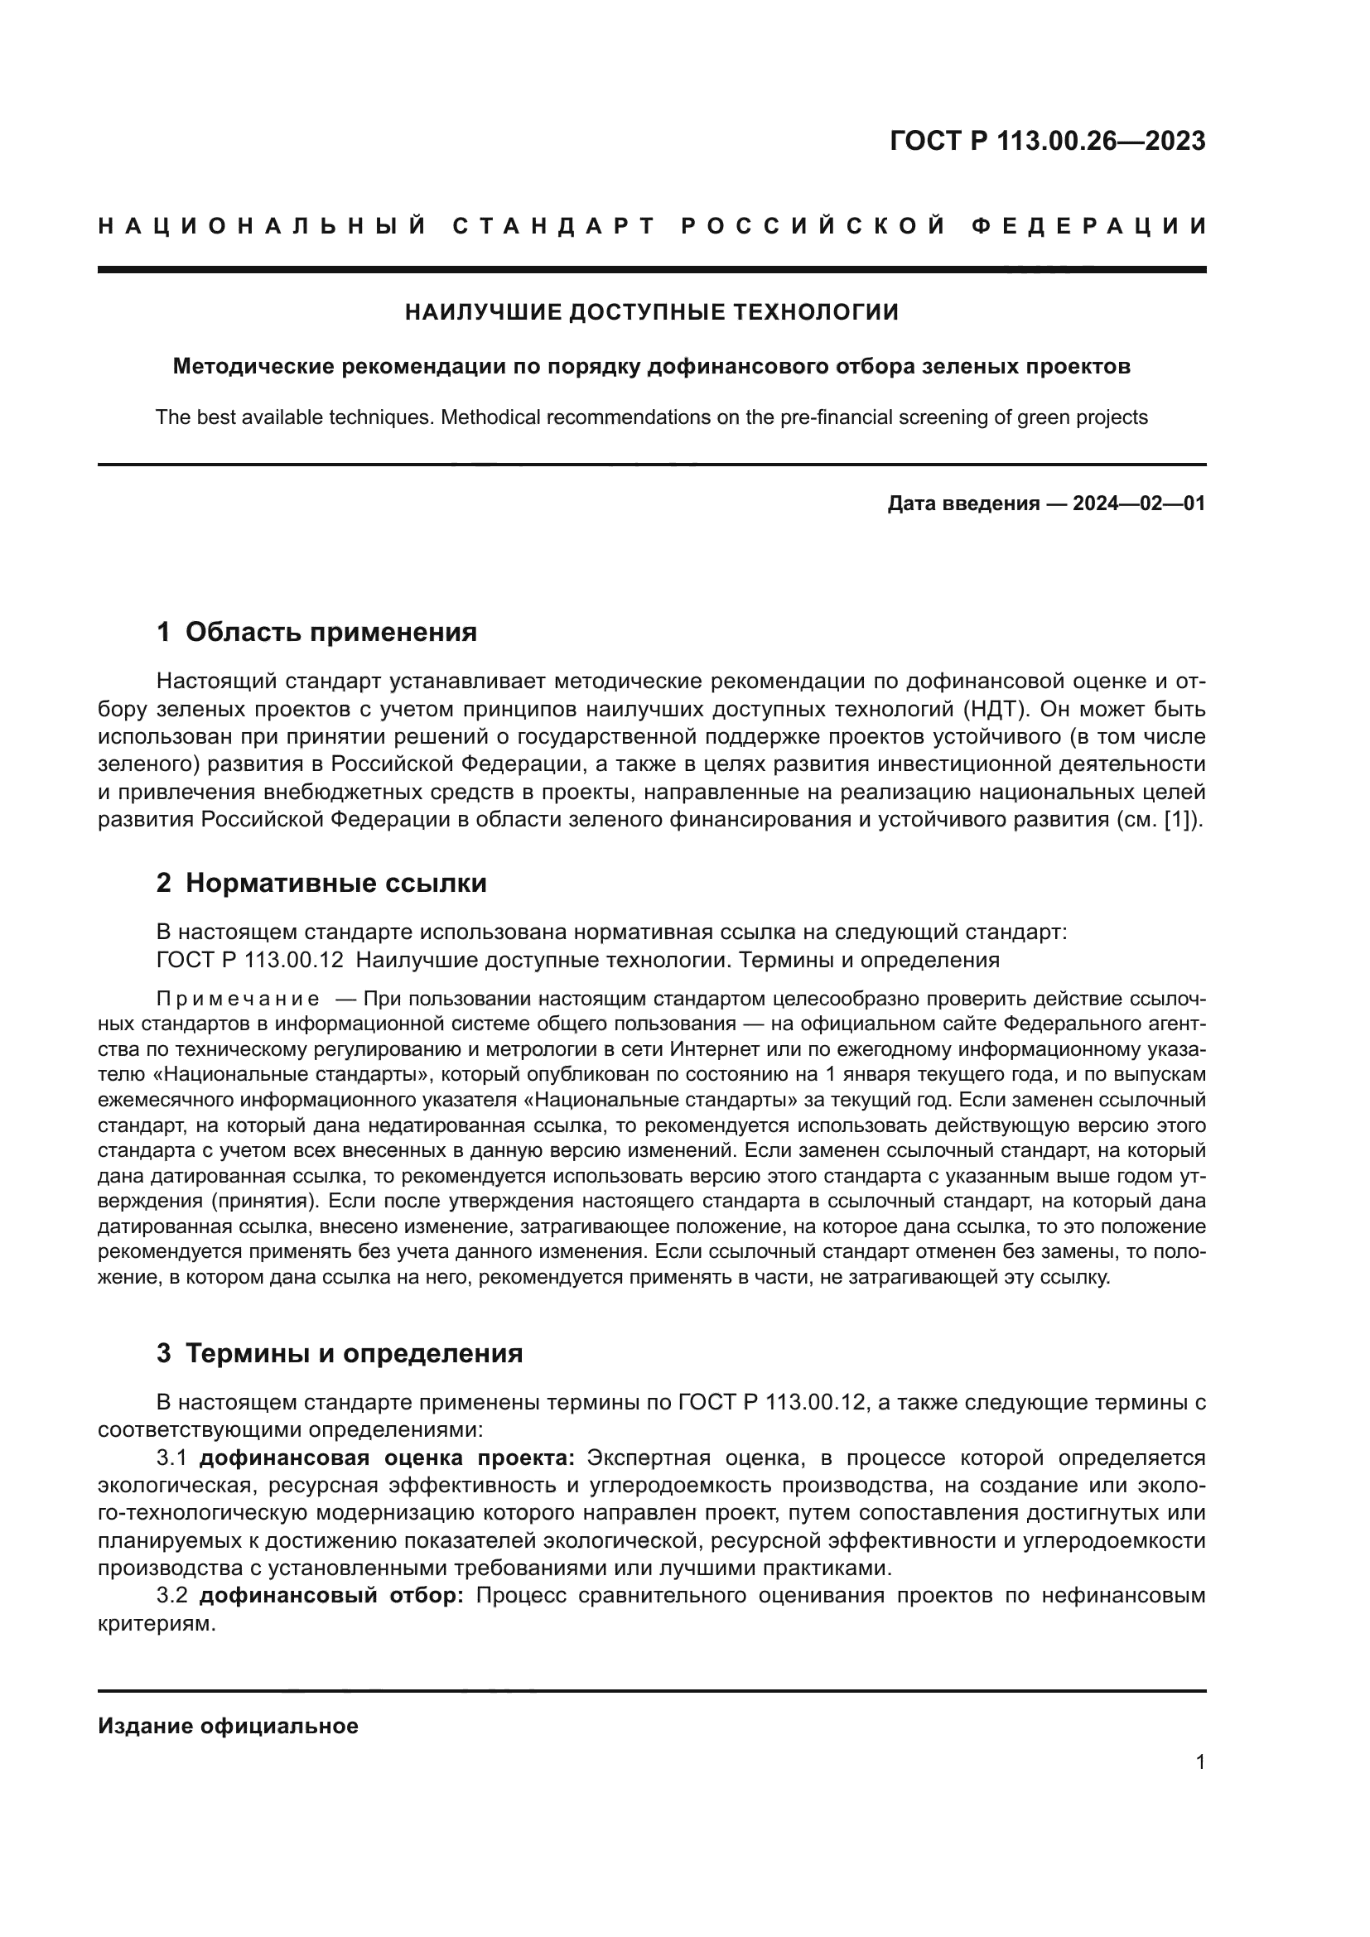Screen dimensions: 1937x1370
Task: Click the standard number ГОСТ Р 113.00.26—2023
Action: [x=1047, y=141]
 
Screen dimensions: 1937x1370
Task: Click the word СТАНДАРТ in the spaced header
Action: [x=554, y=226]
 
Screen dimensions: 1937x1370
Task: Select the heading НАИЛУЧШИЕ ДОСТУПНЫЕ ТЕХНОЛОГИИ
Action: [x=651, y=312]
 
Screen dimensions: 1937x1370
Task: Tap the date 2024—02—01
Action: [x=1138, y=504]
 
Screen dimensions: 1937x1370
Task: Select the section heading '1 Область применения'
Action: [x=316, y=632]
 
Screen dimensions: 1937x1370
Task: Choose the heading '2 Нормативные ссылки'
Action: [x=321, y=884]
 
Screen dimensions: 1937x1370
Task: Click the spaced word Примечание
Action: [x=238, y=1000]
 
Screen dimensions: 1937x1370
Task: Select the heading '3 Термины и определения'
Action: [x=339, y=1354]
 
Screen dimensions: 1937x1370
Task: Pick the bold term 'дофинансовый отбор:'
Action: [x=331, y=1596]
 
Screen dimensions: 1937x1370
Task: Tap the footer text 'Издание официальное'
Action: [x=228, y=1726]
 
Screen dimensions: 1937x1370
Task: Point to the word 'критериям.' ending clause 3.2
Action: [x=157, y=1624]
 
